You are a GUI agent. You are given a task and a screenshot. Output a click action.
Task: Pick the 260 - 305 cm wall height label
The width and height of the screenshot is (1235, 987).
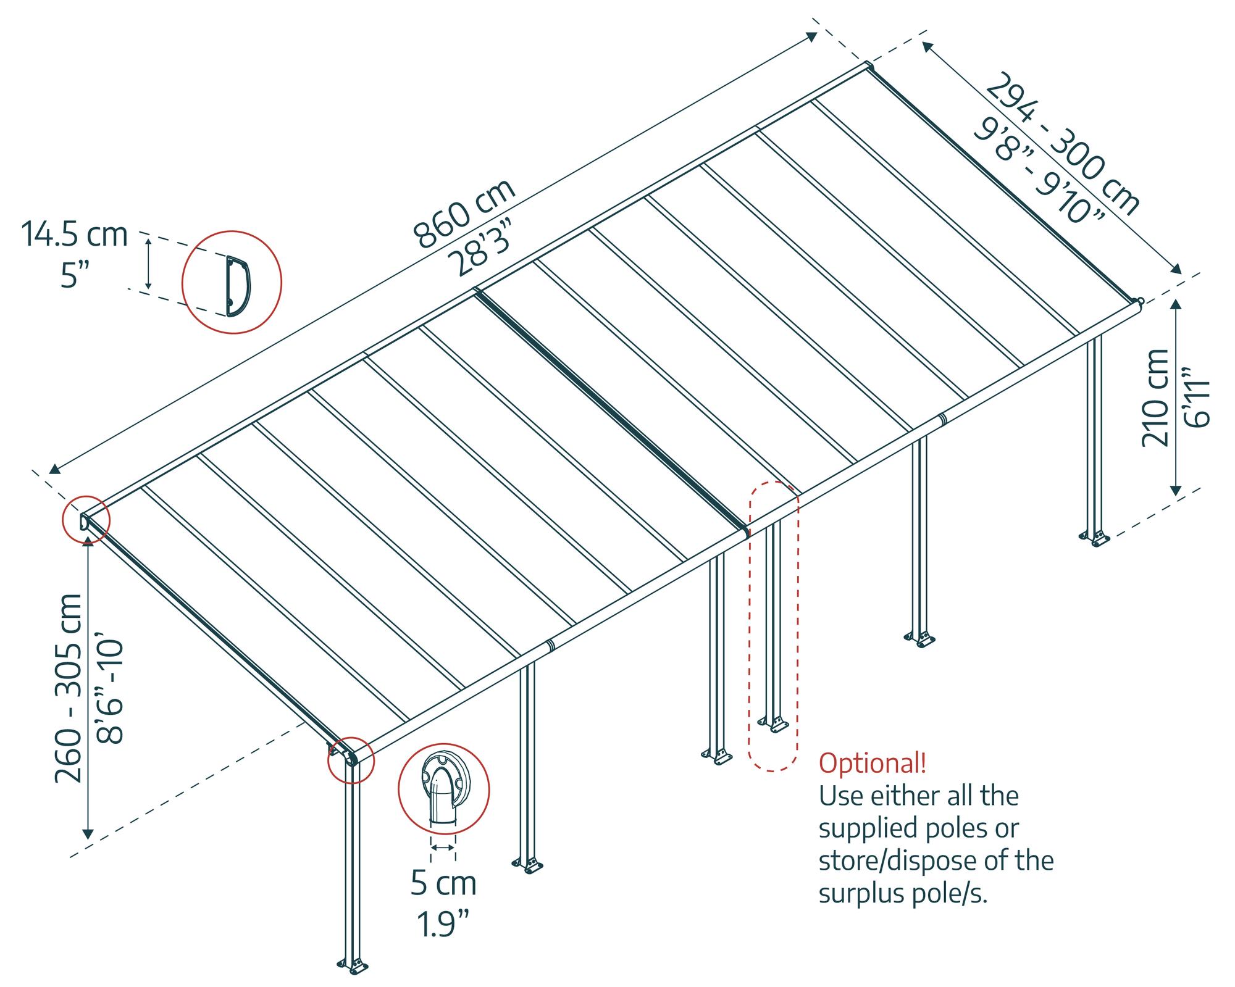pyautogui.click(x=69, y=688)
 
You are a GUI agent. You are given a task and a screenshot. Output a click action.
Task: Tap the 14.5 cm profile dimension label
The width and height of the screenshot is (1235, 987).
pyautogui.click(x=75, y=235)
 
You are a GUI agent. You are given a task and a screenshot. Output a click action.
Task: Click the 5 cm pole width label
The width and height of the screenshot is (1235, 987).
pyautogui.click(x=444, y=883)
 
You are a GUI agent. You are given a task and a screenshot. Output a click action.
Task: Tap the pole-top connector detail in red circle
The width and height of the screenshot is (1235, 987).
pyautogui.click(x=443, y=789)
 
